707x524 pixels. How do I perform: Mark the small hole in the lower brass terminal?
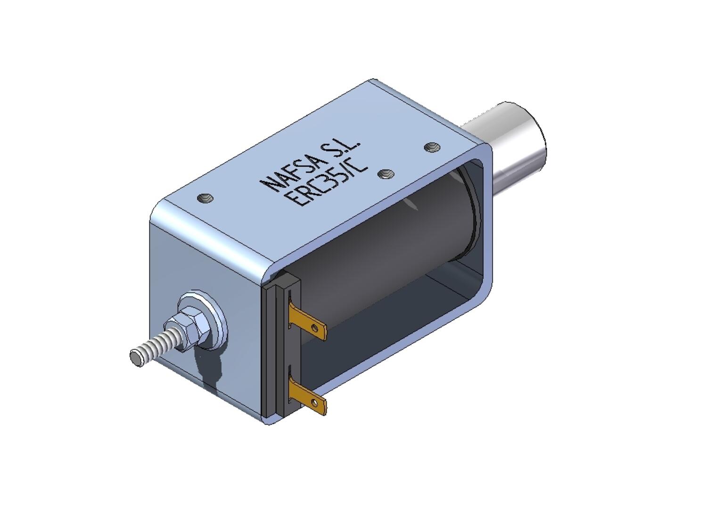pos(314,402)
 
